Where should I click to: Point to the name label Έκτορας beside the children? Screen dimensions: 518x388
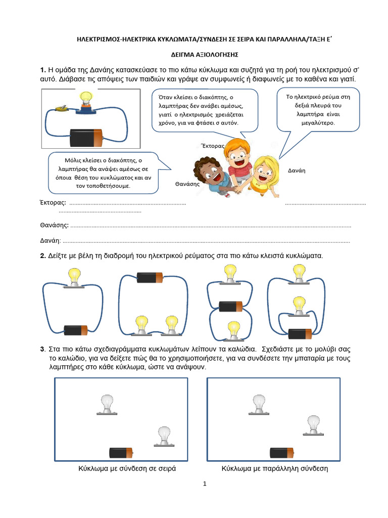[212, 145]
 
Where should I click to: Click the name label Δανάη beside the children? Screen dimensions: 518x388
[297, 170]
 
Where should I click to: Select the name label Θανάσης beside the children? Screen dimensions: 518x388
[187, 184]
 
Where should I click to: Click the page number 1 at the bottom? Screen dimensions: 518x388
[205, 484]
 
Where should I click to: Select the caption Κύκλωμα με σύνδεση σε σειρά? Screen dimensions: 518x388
[127, 469]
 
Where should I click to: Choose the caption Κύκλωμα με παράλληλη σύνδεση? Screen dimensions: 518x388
[275, 469]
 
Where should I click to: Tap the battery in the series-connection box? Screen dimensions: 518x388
[121, 453]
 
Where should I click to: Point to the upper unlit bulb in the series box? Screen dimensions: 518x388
[107, 403]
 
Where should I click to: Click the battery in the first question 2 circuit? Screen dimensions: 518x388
[75, 330]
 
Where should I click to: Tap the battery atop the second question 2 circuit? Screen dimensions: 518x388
[150, 278]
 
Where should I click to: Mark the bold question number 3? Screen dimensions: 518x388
[42, 350]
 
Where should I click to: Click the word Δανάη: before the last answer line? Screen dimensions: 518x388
[51, 241]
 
